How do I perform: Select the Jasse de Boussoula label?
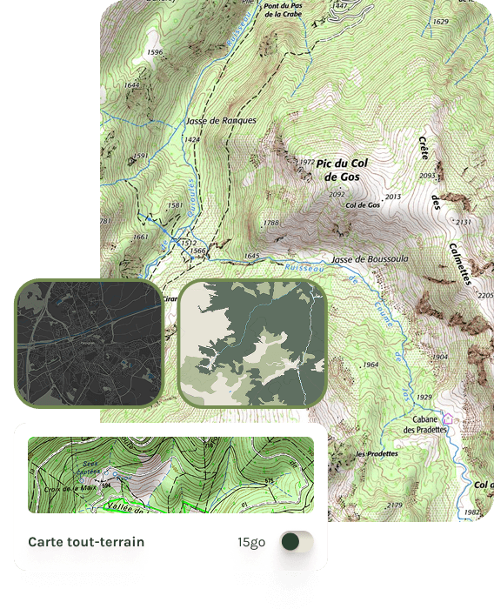pos(370,259)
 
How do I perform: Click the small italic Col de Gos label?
pos(363,205)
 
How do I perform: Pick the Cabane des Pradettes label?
pos(424,424)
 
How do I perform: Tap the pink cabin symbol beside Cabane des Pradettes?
pos(448,419)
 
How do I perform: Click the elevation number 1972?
pos(305,162)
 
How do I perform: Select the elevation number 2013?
pos(392,197)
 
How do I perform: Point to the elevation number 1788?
pos(271,224)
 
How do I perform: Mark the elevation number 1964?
pos(371,365)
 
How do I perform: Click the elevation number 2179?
pos(394,505)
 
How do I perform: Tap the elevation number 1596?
pos(156,53)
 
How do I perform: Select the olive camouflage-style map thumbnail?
pos(252,343)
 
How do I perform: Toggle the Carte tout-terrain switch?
pos(297,542)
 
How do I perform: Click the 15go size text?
pos(251,542)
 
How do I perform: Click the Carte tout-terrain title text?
pos(86,542)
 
